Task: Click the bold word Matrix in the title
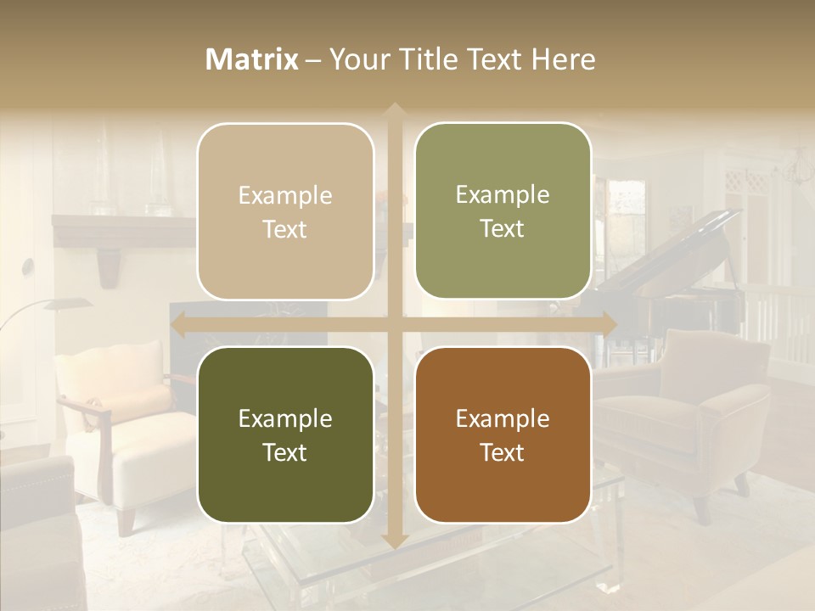point(252,59)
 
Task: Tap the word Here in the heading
point(564,59)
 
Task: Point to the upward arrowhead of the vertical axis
point(394,110)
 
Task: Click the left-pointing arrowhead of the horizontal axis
point(178,324)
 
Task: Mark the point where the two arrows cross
point(394,324)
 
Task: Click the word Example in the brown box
point(503,418)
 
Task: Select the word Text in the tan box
point(285,230)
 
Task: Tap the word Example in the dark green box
point(285,418)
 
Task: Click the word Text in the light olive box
point(503,229)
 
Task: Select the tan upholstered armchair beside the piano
point(696,407)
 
